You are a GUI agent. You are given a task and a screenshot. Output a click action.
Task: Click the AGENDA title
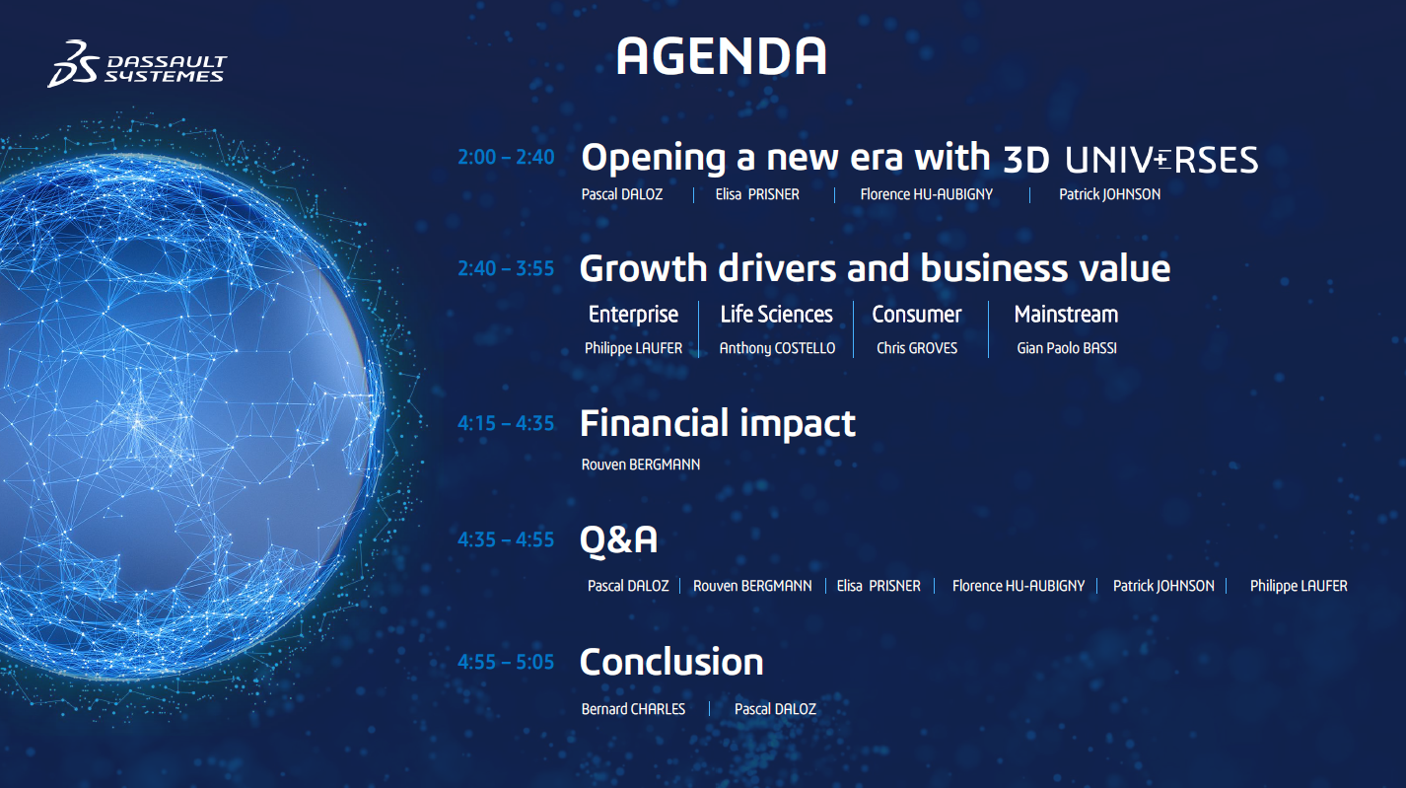click(721, 56)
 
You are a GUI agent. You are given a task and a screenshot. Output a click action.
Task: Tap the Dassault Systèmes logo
click(137, 64)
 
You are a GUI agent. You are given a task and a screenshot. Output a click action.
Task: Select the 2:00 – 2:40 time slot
click(506, 157)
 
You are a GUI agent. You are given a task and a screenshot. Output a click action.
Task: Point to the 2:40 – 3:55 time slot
click(506, 268)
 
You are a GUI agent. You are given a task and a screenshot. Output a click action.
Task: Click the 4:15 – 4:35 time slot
click(506, 424)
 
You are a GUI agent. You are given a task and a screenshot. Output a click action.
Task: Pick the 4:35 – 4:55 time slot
click(506, 540)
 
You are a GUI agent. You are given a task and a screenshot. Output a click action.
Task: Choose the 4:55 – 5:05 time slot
click(506, 663)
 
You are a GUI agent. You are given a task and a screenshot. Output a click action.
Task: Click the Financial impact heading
click(718, 424)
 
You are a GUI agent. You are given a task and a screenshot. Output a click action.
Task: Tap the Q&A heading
click(619, 540)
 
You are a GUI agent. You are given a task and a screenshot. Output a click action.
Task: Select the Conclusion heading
click(671, 663)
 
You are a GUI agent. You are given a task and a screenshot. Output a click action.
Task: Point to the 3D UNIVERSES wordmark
click(1131, 160)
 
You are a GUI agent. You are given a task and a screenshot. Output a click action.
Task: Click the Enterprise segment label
click(633, 315)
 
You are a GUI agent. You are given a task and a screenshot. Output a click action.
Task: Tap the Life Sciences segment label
click(776, 315)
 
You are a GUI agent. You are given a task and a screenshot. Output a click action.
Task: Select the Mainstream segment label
click(1067, 315)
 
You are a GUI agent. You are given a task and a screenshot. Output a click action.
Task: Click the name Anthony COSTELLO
click(777, 348)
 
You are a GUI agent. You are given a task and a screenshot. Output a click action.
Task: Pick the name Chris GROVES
click(917, 348)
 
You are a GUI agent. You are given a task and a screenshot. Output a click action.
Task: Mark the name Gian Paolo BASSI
click(1067, 348)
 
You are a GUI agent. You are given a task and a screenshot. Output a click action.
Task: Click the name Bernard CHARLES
click(633, 709)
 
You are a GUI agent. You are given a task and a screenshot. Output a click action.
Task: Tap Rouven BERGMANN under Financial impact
click(641, 465)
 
